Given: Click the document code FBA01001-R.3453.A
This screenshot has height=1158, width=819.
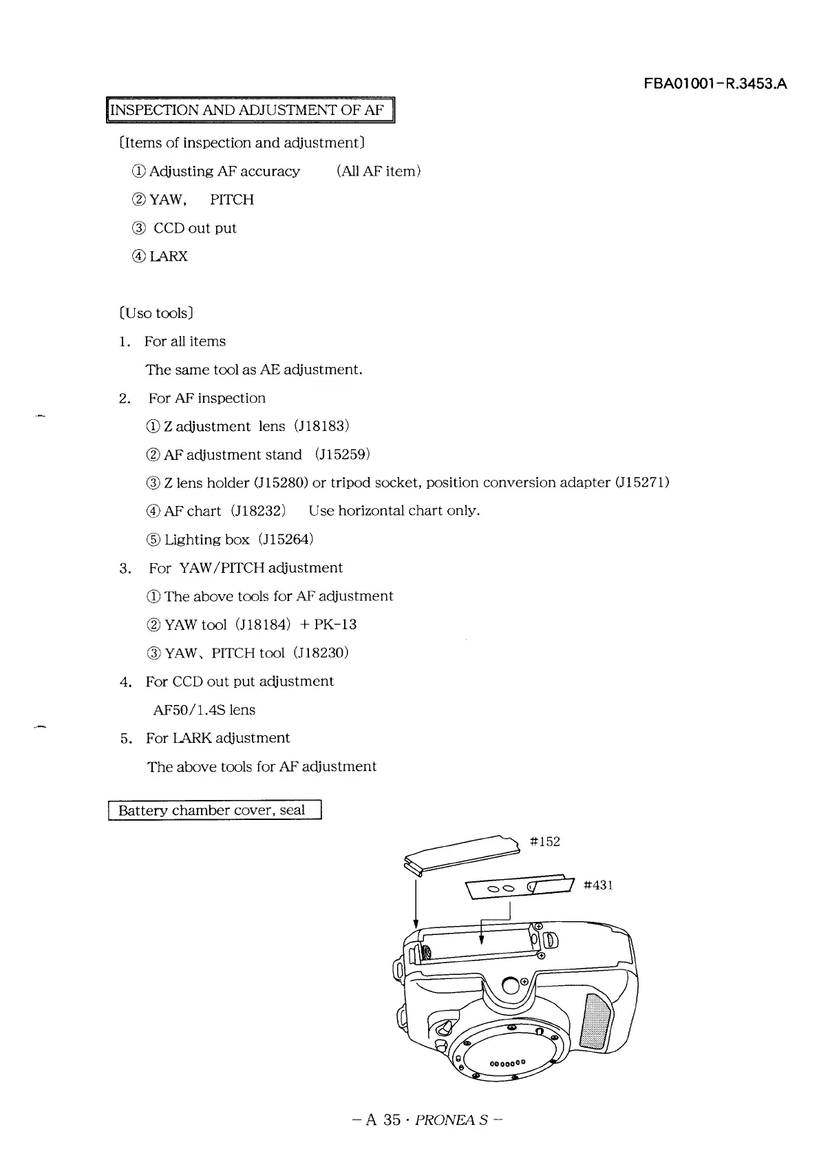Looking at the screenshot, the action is click(x=715, y=85).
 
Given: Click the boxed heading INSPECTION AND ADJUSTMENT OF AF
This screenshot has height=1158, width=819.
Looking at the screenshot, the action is click(x=249, y=111).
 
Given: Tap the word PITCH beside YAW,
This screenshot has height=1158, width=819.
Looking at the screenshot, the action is click(x=232, y=200).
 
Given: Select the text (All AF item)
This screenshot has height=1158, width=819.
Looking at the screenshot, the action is click(x=379, y=171).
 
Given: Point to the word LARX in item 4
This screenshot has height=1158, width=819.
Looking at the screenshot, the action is click(x=169, y=257).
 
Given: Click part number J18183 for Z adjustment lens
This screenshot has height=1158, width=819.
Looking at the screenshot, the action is click(x=322, y=426).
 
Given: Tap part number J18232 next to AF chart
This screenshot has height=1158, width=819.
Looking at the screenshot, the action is click(x=258, y=511).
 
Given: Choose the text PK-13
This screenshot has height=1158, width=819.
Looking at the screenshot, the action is click(x=335, y=624).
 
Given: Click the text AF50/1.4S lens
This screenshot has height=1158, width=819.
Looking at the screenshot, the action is click(x=204, y=710).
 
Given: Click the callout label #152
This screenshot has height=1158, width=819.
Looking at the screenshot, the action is click(x=545, y=842).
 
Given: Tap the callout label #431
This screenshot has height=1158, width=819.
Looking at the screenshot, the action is click(x=598, y=885).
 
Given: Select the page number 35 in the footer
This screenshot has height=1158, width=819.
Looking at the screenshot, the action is click(x=392, y=1120).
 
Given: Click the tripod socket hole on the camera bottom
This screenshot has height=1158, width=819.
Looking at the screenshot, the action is click(x=511, y=985).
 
